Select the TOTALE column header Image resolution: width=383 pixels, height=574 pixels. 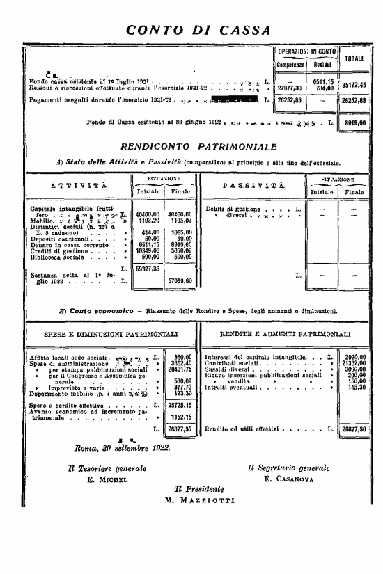[x=354, y=58]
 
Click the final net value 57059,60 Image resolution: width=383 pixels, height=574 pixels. [x=181, y=280]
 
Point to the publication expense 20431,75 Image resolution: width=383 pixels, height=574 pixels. [x=181, y=369]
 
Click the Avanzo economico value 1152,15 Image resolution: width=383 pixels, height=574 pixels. [x=181, y=415]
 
